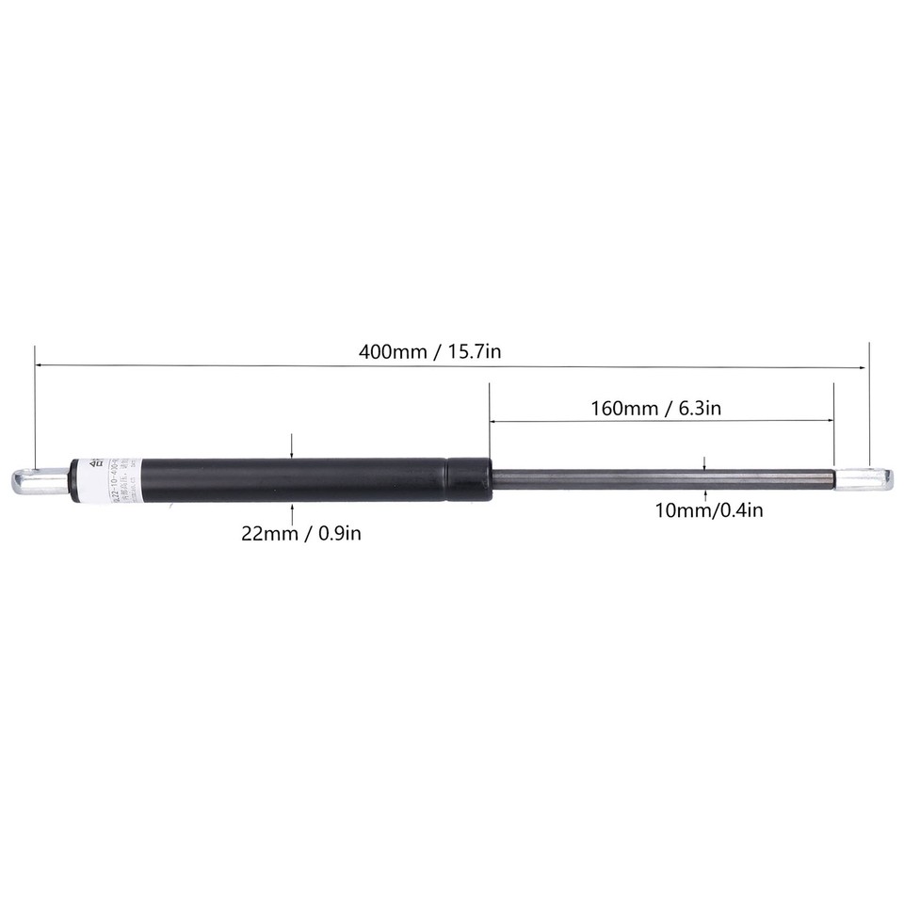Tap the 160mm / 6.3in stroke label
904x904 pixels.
point(655,409)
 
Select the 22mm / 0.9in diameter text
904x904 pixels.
point(301,534)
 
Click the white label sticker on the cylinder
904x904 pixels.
point(92,479)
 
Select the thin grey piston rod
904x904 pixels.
point(659,479)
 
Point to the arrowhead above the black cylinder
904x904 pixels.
point(294,453)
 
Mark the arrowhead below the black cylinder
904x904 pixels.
point(294,508)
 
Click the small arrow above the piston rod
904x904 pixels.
point(705,466)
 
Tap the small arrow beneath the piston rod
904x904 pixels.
point(705,492)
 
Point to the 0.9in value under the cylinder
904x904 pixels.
point(339,534)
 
